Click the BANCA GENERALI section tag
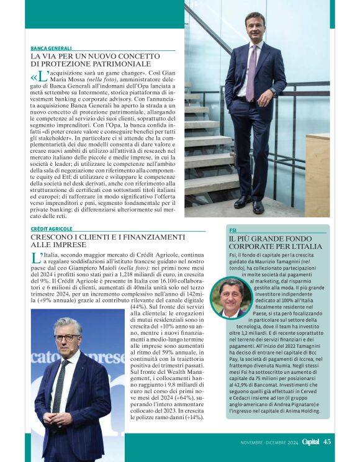[x=51, y=48]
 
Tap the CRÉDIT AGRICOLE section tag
[x=52, y=229]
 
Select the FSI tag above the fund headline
[x=233, y=229]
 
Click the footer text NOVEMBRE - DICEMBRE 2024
[x=269, y=443]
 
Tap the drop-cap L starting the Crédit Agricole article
[x=35, y=257]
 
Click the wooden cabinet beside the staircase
[x=318, y=174]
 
